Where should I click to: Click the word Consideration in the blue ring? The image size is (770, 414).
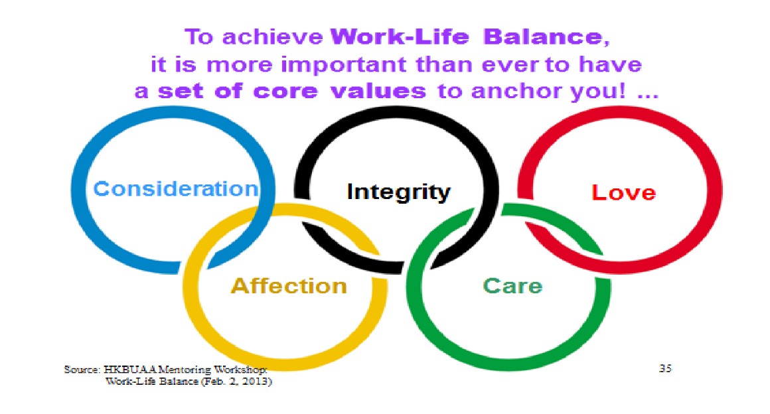pyautogui.click(x=176, y=188)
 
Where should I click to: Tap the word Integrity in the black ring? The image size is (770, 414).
pyautogui.click(x=398, y=192)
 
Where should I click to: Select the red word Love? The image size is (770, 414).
pyautogui.click(x=624, y=192)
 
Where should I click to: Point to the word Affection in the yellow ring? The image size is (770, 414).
pyautogui.click(x=289, y=286)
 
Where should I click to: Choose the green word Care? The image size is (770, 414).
pyautogui.click(x=512, y=286)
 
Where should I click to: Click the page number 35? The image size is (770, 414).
pyautogui.click(x=665, y=368)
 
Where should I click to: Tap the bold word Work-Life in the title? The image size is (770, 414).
pyautogui.click(x=400, y=37)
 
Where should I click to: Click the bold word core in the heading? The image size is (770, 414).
pyautogui.click(x=285, y=91)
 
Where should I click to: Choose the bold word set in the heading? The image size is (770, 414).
pyautogui.click(x=181, y=91)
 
